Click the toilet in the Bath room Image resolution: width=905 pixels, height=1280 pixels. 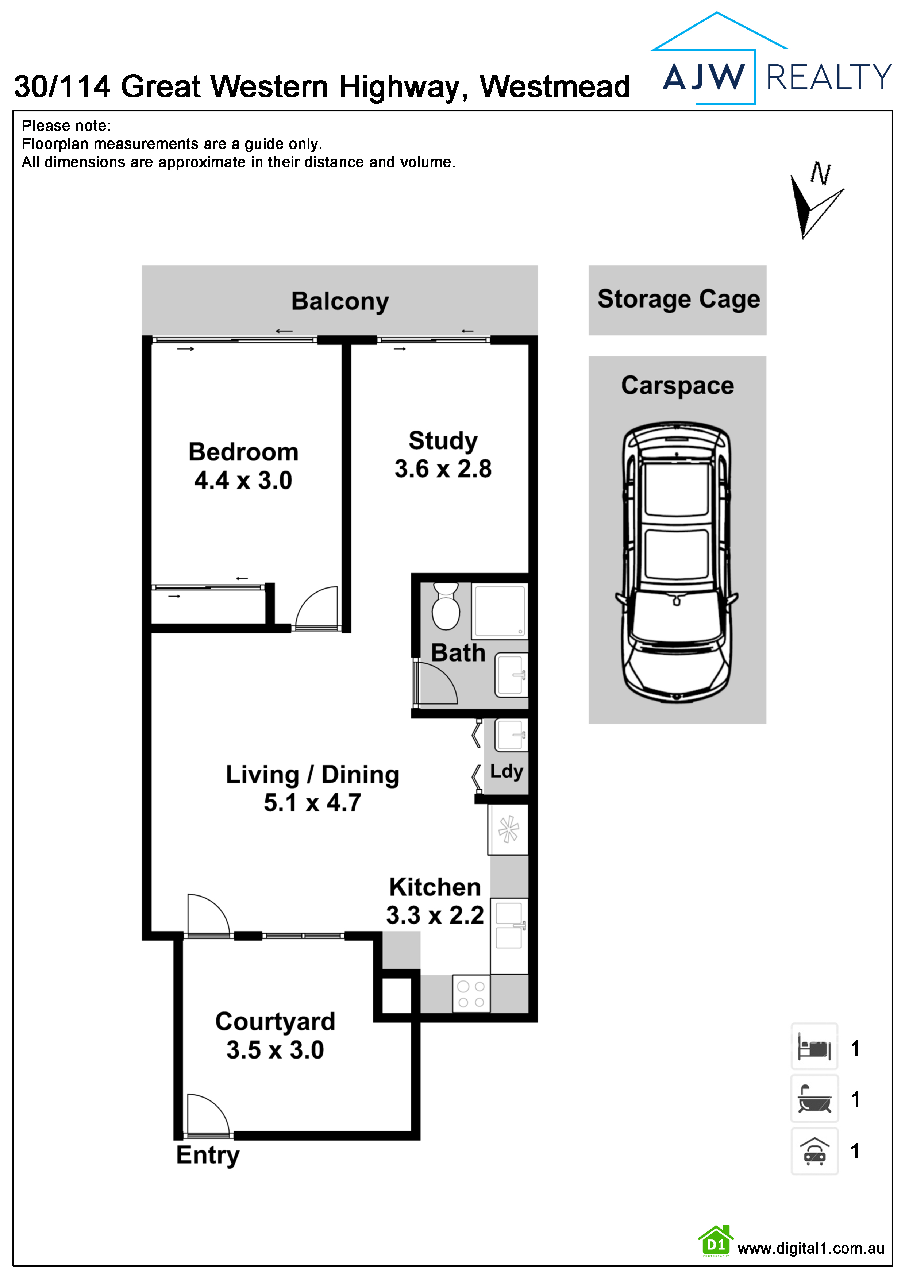(x=446, y=606)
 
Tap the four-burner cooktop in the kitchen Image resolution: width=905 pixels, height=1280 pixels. (x=471, y=994)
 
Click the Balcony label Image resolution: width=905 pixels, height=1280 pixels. (x=340, y=302)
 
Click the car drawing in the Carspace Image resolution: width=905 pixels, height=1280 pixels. (x=677, y=563)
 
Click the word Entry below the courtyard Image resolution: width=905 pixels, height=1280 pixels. (x=207, y=1155)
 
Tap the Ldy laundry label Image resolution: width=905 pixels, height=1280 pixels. (x=506, y=772)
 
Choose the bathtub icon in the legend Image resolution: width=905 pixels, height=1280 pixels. (x=814, y=1099)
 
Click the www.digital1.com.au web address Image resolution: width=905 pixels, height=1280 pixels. (x=811, y=1249)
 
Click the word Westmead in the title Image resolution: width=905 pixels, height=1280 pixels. (x=555, y=87)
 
